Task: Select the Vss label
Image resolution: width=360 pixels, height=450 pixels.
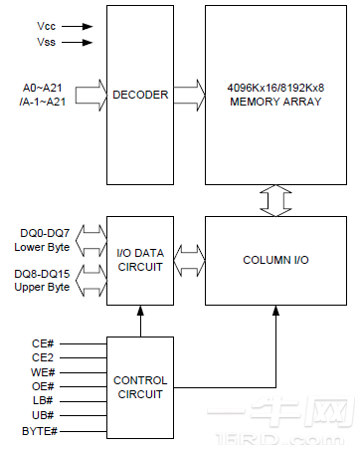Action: pos(46,43)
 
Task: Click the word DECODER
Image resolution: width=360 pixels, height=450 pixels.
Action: pos(141,96)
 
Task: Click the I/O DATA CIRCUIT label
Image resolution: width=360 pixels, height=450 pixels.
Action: pos(140,259)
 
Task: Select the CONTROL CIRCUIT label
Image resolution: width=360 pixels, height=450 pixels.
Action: pos(140,387)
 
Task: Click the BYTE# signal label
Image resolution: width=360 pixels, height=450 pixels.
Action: pos(40,429)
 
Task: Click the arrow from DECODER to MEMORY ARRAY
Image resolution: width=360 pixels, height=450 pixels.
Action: pos(187,96)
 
